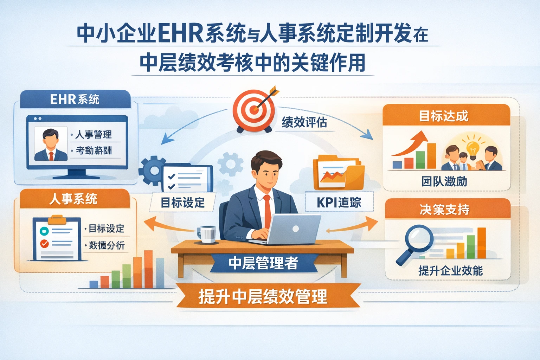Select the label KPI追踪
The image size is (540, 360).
click(x=339, y=202)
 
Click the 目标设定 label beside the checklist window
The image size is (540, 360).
click(x=182, y=202)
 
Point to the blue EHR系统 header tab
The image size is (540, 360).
click(x=75, y=99)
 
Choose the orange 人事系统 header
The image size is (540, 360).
click(x=74, y=199)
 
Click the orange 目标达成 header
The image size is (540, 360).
click(x=444, y=116)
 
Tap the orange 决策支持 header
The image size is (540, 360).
click(x=444, y=210)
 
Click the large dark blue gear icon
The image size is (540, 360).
click(x=152, y=171)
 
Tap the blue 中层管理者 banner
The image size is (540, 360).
click(x=263, y=263)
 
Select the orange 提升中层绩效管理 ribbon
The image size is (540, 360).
click(x=263, y=296)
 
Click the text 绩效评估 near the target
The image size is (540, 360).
click(x=304, y=122)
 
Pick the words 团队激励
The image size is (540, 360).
click(x=444, y=181)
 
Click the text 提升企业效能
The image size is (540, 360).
click(x=450, y=271)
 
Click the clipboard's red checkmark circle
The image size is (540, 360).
click(x=45, y=243)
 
